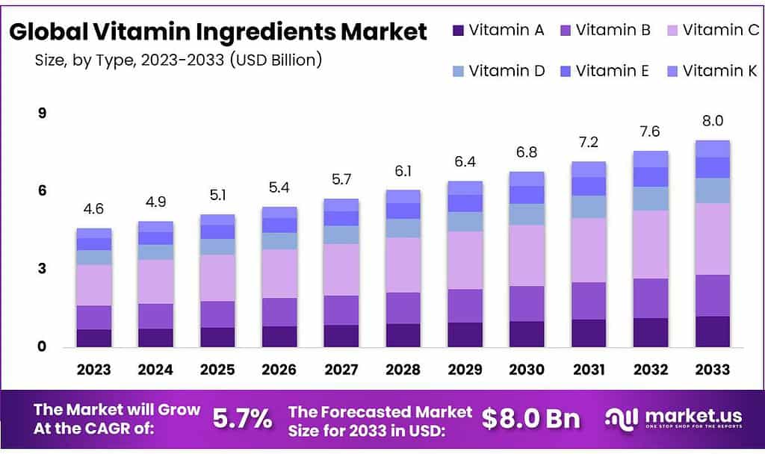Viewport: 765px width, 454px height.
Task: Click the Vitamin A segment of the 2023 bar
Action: (93, 338)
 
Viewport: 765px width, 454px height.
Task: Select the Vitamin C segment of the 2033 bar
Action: (712, 239)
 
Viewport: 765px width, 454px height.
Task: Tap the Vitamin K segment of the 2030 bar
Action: (526, 178)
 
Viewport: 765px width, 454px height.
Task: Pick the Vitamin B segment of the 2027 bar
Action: (341, 310)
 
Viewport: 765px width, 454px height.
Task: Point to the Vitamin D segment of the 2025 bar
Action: (217, 246)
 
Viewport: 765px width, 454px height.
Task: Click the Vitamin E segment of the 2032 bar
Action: (650, 177)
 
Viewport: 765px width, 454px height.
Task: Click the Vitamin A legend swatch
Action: (458, 31)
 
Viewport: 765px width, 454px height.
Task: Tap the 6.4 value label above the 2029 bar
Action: (465, 162)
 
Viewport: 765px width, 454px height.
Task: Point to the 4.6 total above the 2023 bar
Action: (93, 210)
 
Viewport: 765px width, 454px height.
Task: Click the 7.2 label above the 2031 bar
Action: (588, 143)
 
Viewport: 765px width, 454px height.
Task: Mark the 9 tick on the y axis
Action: (42, 113)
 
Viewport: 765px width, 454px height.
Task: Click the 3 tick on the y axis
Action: (42, 269)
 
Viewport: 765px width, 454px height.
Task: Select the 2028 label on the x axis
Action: (403, 370)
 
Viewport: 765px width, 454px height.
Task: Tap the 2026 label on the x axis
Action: (279, 370)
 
